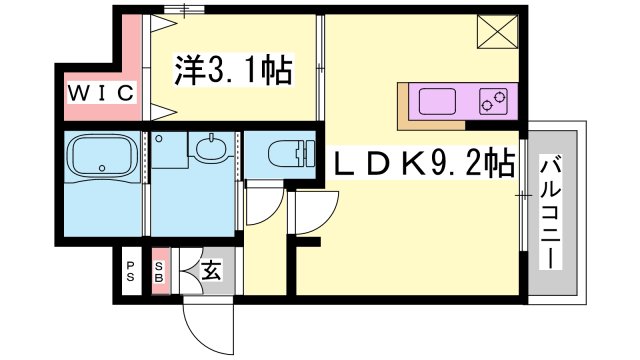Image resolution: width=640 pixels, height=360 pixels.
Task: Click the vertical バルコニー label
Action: click(552, 213)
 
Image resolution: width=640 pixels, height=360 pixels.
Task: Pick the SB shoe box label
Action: click(160, 271)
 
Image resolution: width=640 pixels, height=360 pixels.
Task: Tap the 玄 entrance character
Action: click(212, 270)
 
